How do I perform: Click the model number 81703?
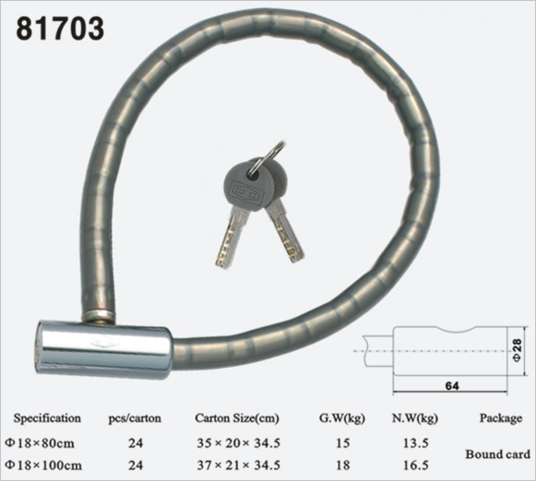coord(60,29)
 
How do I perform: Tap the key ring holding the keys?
coord(273,153)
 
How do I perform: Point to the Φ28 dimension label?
coord(518,350)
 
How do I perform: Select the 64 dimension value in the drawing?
coord(452,386)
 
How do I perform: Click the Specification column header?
coord(47,418)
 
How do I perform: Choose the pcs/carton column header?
coord(135,418)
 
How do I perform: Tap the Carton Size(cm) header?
coord(237,418)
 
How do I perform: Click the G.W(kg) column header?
coord(342,418)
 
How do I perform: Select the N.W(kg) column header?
coord(414,418)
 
